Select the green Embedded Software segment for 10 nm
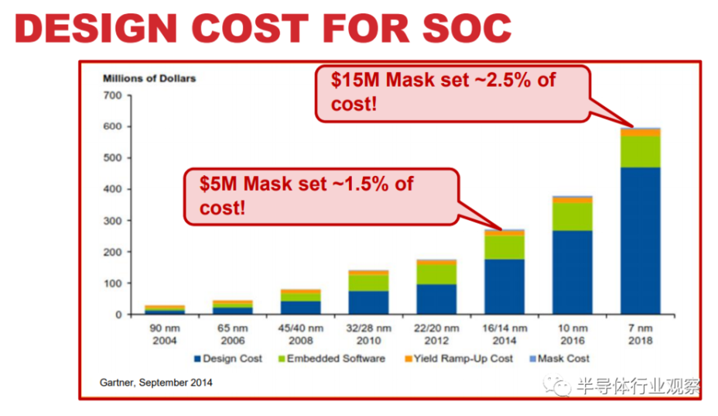(x=572, y=216)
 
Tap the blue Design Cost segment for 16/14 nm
(x=504, y=287)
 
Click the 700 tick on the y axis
(x=113, y=95)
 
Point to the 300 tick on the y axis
(x=113, y=221)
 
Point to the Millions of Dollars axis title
(x=149, y=78)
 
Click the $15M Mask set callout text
(x=443, y=91)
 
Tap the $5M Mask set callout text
(x=306, y=195)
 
